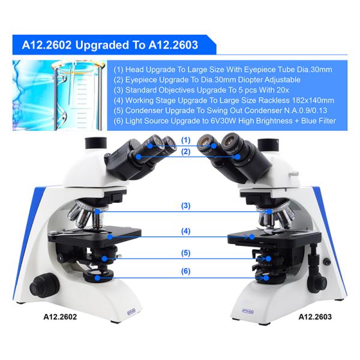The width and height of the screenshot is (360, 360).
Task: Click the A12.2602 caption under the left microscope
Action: click(60, 316)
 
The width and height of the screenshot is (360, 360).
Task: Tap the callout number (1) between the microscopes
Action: click(185, 140)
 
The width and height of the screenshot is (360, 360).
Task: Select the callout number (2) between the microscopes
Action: click(185, 152)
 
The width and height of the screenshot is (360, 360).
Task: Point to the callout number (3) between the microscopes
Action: click(185, 206)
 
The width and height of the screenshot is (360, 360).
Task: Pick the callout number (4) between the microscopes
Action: click(185, 231)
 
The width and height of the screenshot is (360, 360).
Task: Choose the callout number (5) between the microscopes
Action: click(185, 253)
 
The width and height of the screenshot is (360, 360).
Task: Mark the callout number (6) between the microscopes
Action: click(185, 271)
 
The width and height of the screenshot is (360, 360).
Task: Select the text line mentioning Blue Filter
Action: click(225, 121)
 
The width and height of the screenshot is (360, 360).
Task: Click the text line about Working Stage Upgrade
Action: click(224, 100)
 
